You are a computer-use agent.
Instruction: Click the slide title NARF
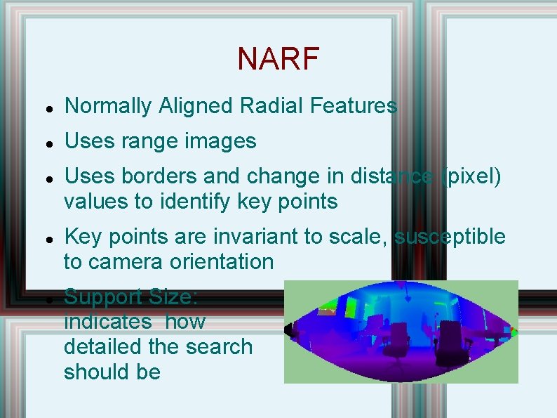click(x=278, y=60)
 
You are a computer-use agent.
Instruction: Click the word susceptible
click(x=449, y=237)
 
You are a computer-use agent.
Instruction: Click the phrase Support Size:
click(x=131, y=297)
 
